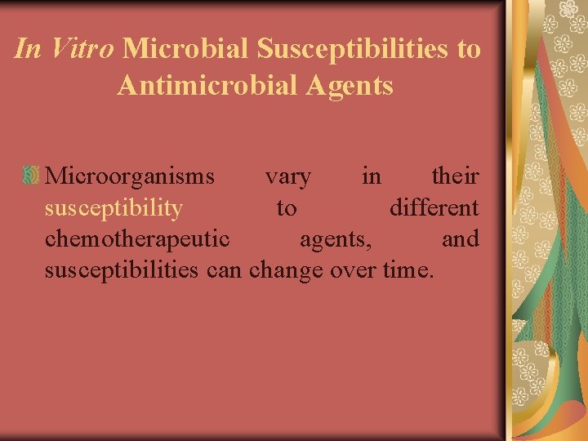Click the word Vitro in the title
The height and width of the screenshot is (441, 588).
[x=80, y=50]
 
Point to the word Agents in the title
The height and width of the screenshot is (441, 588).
[x=353, y=85]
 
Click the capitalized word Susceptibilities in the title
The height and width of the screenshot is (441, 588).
[x=352, y=50]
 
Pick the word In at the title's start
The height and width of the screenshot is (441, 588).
[x=27, y=50]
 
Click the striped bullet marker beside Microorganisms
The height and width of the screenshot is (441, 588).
[x=32, y=174]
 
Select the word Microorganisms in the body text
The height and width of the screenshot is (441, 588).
[x=130, y=176]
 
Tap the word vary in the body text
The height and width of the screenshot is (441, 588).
[x=287, y=176]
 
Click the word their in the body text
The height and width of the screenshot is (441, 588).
[x=454, y=176]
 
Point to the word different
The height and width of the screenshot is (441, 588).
[x=434, y=207]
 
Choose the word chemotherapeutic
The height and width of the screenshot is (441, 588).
[x=136, y=239]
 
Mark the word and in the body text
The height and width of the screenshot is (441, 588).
[x=460, y=239]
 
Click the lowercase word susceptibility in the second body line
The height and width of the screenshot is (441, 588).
[x=114, y=208]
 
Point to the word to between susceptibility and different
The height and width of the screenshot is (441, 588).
[x=286, y=208]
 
